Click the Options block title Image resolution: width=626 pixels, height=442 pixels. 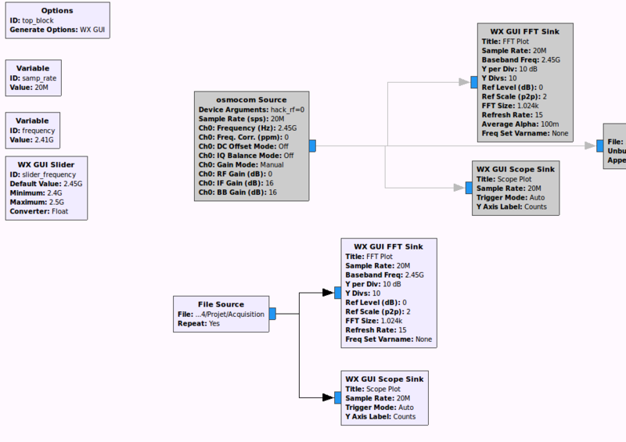pyautogui.click(x=56, y=10)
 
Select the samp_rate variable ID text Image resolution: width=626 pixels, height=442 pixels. pyautogui.click(x=38, y=78)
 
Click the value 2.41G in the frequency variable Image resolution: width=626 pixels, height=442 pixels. pyautogui.click(x=43, y=140)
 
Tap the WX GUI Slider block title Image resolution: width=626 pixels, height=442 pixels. pyautogui.click(x=46, y=164)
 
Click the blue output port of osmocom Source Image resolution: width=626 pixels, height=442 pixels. pyautogui.click(x=311, y=146)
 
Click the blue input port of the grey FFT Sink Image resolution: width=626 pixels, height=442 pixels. pyautogui.click(x=474, y=81)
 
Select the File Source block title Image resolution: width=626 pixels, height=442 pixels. pyautogui.click(x=221, y=304)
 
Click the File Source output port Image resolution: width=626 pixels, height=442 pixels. pyautogui.click(x=272, y=314)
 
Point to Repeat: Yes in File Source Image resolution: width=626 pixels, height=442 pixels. pyautogui.click(x=199, y=323)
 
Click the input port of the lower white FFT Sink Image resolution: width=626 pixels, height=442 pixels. pyautogui.click(x=337, y=293)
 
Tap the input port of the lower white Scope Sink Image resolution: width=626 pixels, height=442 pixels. pyautogui.click(x=337, y=397)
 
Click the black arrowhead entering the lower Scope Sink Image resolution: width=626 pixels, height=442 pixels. pyautogui.click(x=328, y=397)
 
